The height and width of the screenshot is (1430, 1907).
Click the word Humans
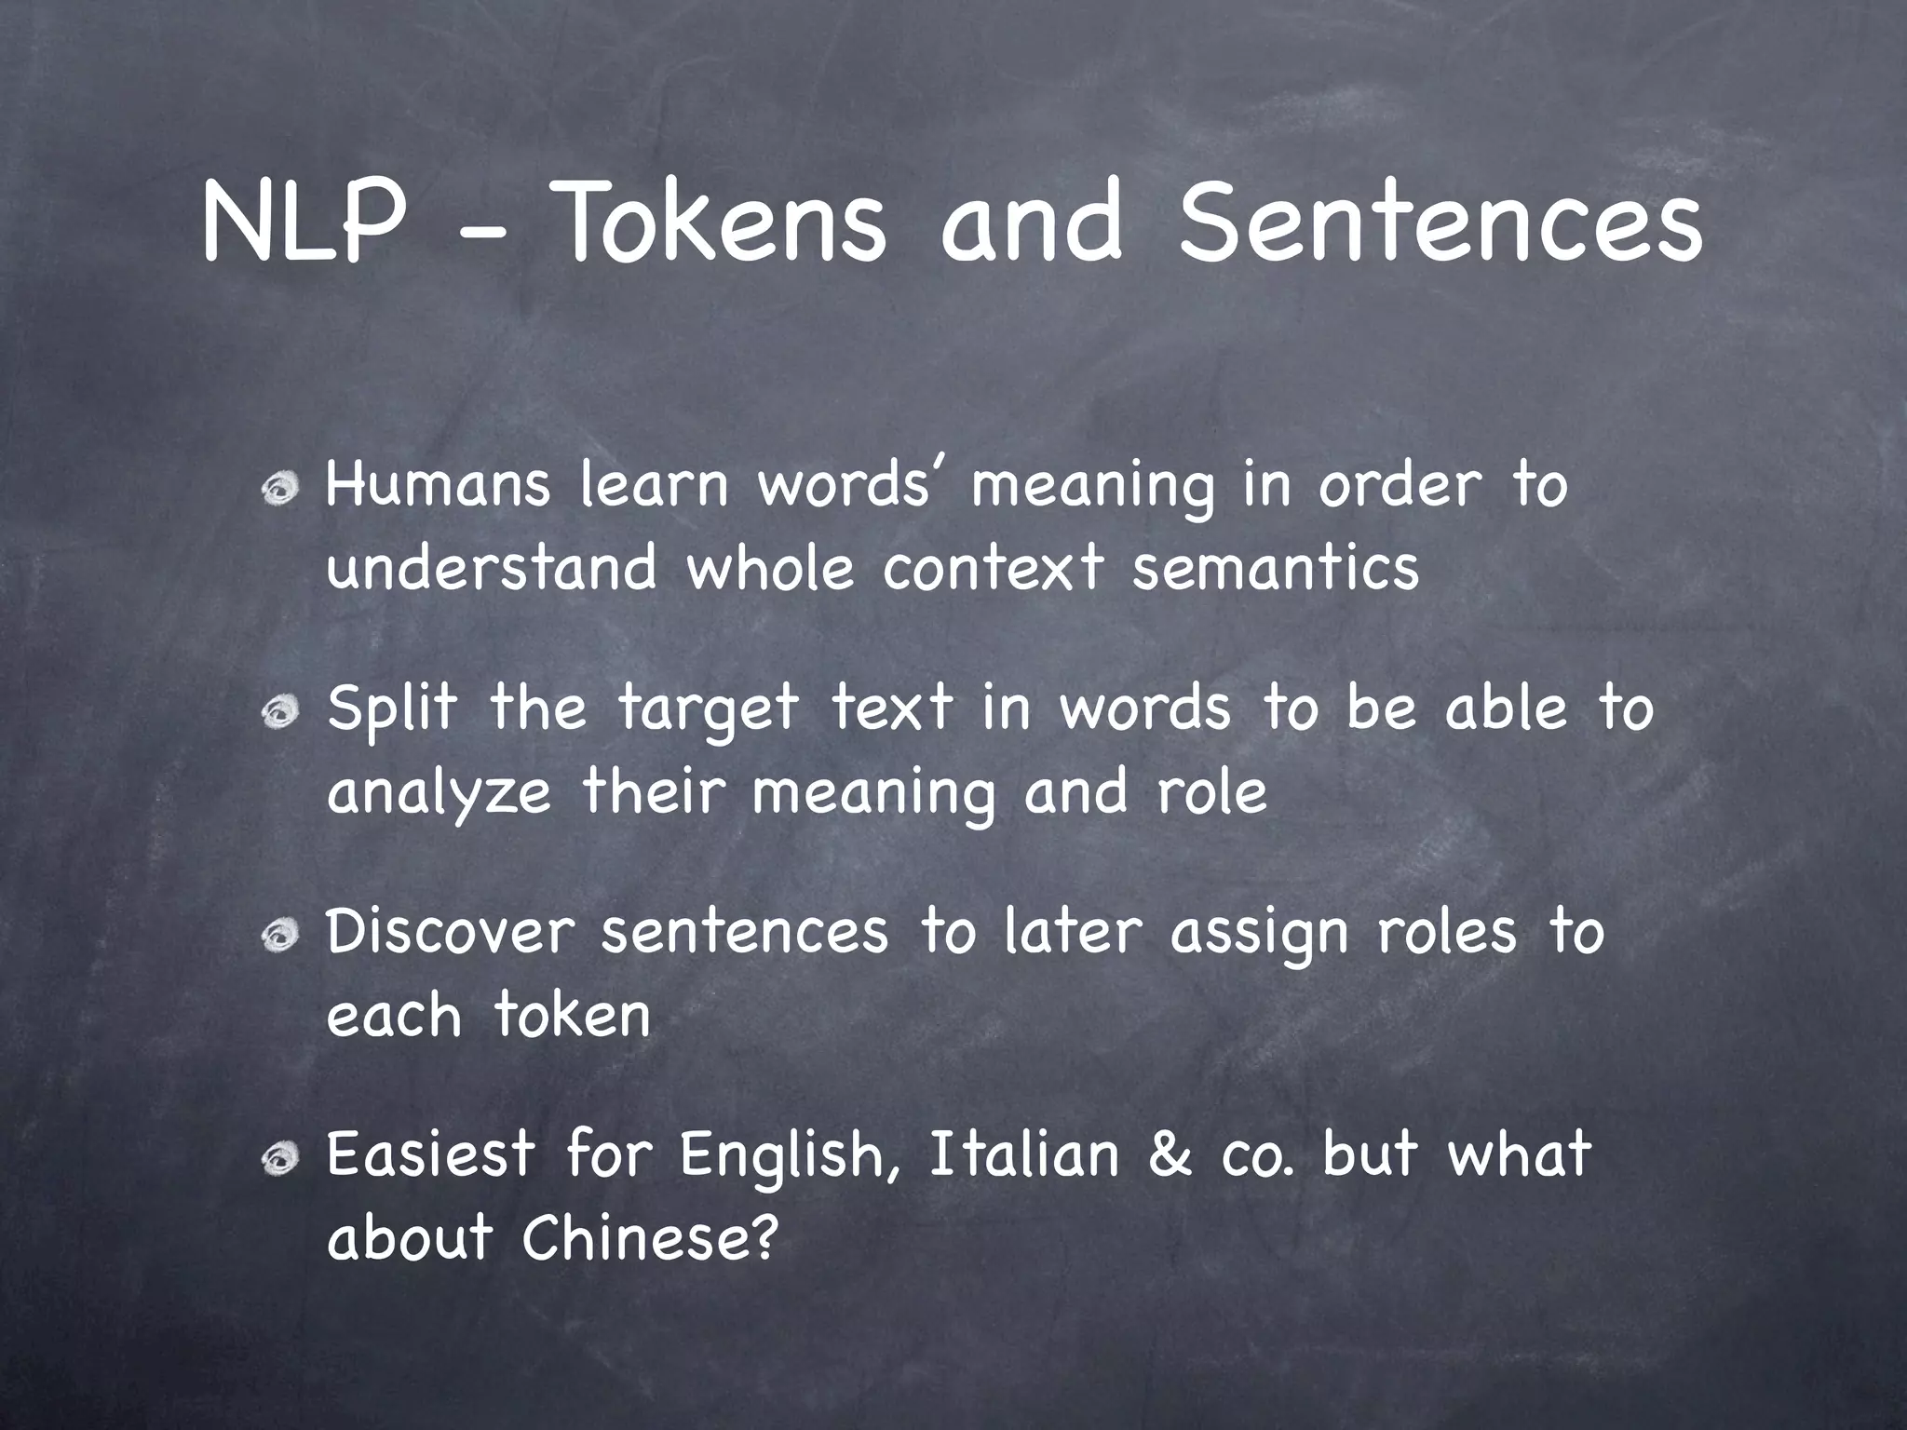coord(438,485)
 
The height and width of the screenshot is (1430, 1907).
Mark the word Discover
coord(450,931)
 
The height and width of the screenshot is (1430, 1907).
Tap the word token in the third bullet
coord(572,1015)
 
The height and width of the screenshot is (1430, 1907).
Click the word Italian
coord(1024,1154)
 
